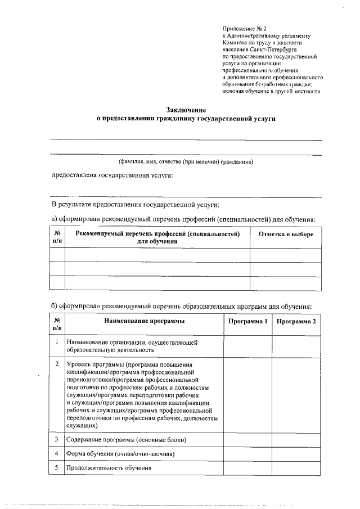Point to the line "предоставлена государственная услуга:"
pos(112,175)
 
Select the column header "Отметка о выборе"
pos(286,234)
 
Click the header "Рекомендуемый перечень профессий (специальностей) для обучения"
pos(157,237)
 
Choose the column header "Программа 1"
pos(247,321)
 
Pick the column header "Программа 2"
pos(296,321)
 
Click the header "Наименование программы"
pos(144,321)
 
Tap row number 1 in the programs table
pos(57,341)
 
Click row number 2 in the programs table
pos(57,364)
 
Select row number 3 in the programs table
pos(57,439)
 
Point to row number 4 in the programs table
pos(57,453)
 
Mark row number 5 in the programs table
pos(57,467)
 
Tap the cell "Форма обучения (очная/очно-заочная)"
pos(124,453)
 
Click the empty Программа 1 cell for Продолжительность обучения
pos(247,468)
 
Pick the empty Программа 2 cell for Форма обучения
pos(296,453)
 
